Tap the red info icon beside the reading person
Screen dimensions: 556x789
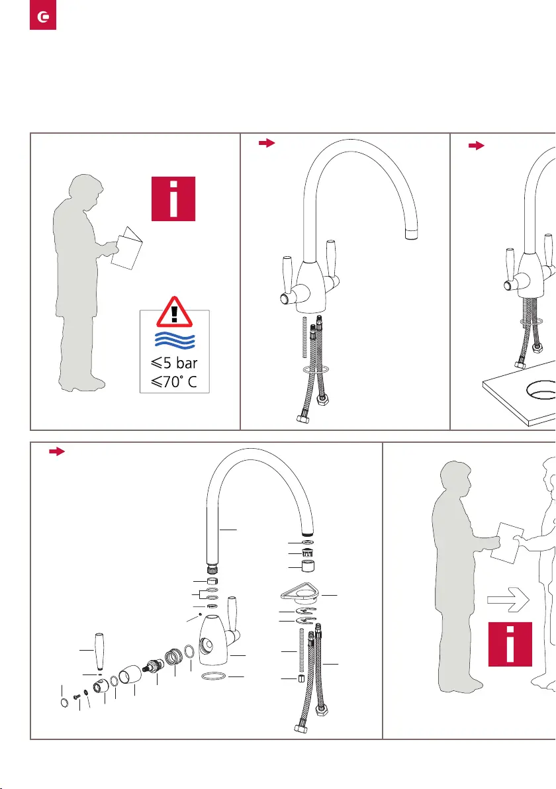pyautogui.click(x=173, y=199)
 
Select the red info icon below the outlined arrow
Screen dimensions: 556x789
pyautogui.click(x=510, y=644)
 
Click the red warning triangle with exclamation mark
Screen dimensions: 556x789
pyautogui.click(x=174, y=312)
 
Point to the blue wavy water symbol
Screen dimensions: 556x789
pyautogui.click(x=175, y=340)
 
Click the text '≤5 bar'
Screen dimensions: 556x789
pyautogui.click(x=174, y=363)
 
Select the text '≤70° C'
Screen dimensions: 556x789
pyautogui.click(x=174, y=382)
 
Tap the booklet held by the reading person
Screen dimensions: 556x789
pyautogui.click(x=127, y=248)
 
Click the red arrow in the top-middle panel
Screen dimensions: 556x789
pyautogui.click(x=267, y=143)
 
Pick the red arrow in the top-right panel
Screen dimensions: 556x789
pyautogui.click(x=477, y=146)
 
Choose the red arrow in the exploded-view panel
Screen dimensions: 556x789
pyautogui.click(x=57, y=451)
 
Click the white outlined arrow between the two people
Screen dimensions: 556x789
pyautogui.click(x=508, y=599)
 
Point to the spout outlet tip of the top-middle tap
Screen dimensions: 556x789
pyautogui.click(x=412, y=234)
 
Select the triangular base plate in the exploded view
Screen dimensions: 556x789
pyautogui.click(x=301, y=593)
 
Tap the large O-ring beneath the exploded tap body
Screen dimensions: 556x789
pyautogui.click(x=213, y=676)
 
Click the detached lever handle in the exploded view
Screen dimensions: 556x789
pyautogui.click(x=100, y=651)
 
